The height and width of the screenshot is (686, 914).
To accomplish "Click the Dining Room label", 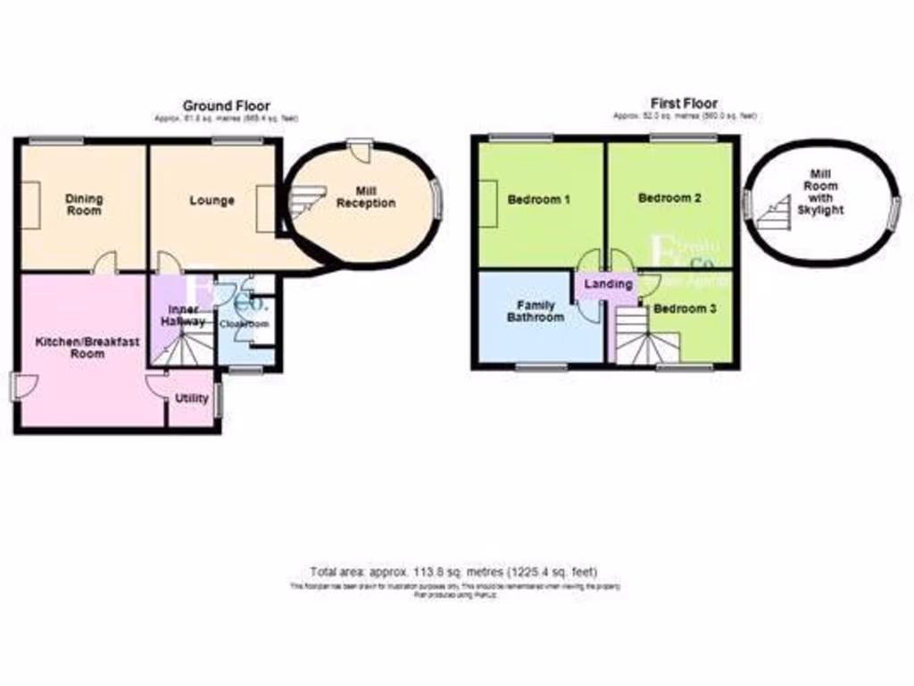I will [84, 205].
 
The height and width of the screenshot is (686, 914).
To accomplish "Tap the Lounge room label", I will [212, 201].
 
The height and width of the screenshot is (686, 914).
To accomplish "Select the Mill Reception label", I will [365, 197].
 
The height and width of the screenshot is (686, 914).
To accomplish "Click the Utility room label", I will [192, 398].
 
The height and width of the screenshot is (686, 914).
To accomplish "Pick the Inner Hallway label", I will [182, 315].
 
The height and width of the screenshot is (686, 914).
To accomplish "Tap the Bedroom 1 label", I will [538, 200].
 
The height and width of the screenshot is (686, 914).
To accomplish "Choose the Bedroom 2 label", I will [669, 198].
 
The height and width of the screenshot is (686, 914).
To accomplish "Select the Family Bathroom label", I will [536, 312].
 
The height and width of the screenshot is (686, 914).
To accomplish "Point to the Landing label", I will [608, 284].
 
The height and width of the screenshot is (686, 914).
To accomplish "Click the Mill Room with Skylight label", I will [820, 192].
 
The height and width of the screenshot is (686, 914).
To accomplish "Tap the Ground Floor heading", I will [226, 105].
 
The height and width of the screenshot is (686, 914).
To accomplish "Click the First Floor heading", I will [685, 104].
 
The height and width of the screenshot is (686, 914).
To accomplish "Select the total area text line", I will [454, 572].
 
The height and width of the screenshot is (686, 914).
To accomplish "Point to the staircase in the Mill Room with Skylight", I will [773, 211].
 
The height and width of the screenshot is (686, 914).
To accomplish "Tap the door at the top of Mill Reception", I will [360, 151].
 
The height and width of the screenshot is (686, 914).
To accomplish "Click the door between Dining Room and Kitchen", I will [105, 263].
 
